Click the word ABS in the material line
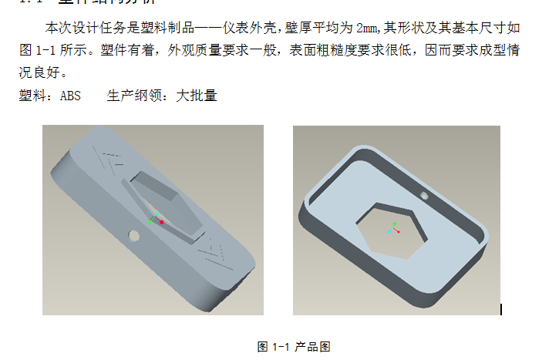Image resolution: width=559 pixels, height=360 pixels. tap(70, 96)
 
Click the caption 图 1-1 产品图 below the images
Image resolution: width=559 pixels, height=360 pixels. tap(293, 347)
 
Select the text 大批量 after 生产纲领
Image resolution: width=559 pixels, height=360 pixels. tap(197, 96)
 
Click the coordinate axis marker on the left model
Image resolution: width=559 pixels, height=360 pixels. tap(157, 219)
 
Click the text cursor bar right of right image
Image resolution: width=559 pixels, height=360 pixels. tap(501, 309)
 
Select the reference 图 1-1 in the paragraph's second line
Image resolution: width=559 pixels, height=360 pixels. tap(38, 51)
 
